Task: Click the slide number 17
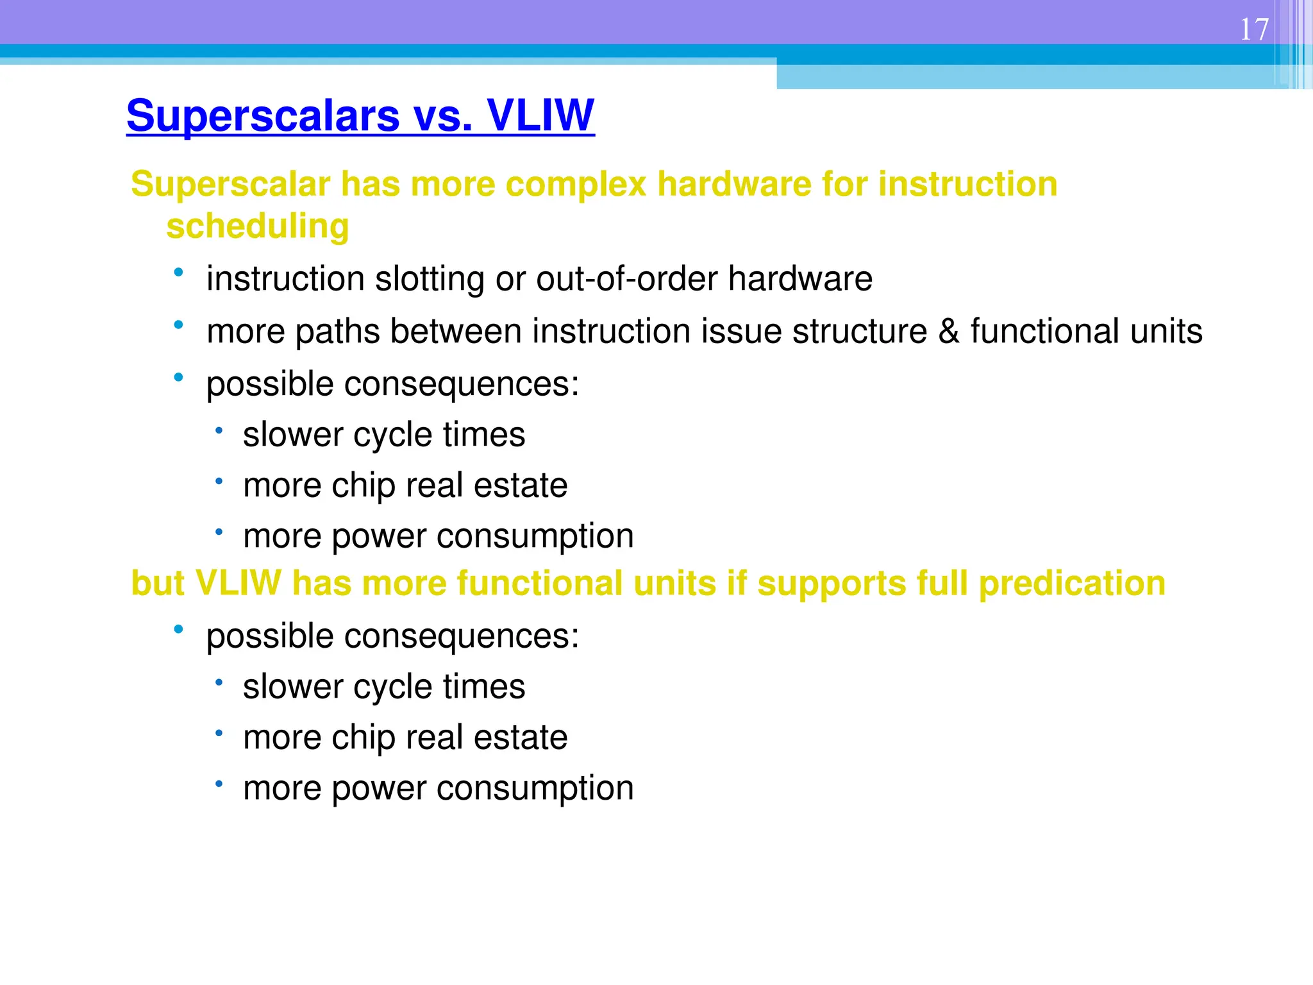pos(1254,29)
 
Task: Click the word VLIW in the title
pos(540,115)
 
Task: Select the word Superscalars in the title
pos(263,117)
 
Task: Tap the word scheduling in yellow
pos(258,226)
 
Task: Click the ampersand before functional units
pos(948,332)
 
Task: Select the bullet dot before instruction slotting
pos(178,273)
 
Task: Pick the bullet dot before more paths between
pos(178,325)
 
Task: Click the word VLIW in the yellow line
pos(238,583)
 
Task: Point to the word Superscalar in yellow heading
pos(231,184)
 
